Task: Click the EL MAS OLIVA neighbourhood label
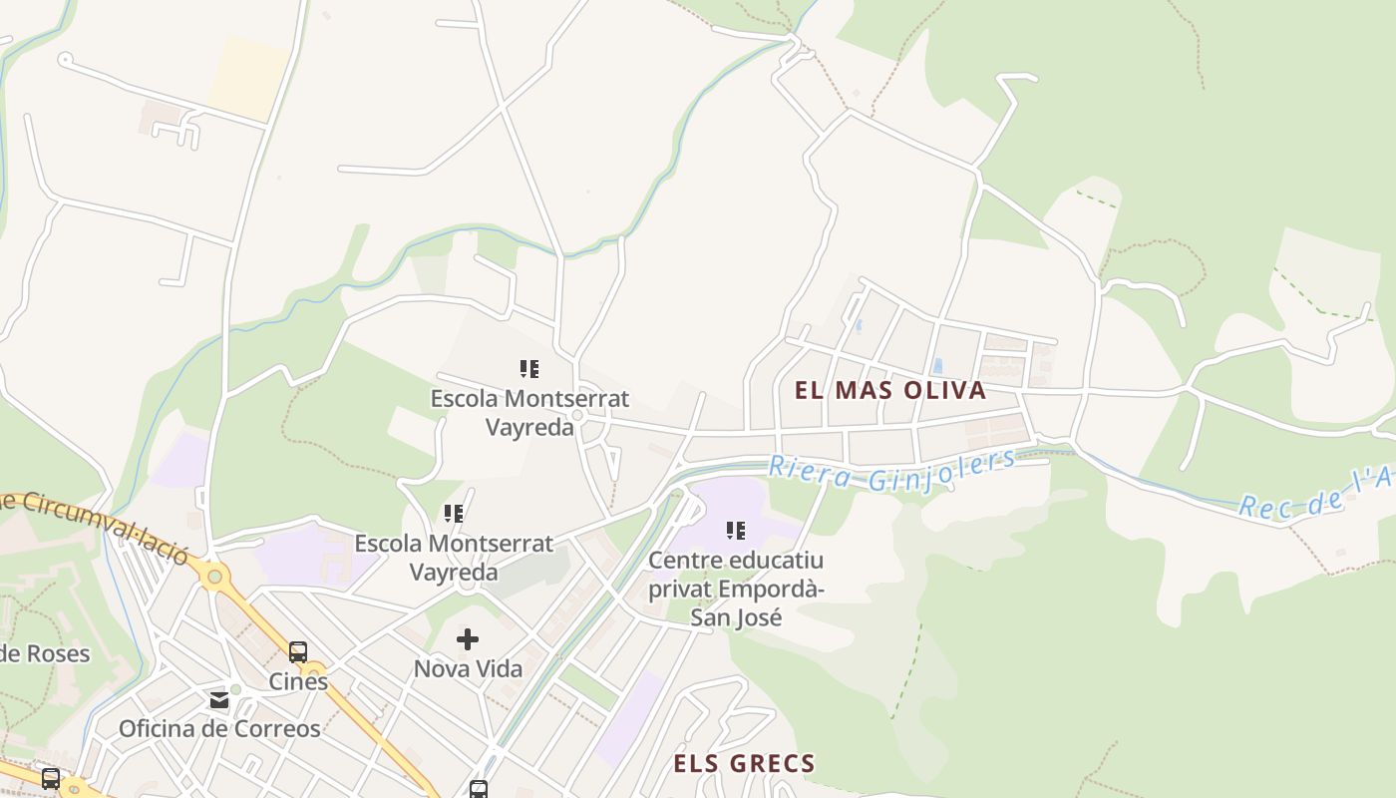click(x=890, y=390)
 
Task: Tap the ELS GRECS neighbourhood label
click(x=744, y=764)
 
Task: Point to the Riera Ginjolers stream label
click(x=891, y=470)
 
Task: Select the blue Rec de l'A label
click(x=1316, y=493)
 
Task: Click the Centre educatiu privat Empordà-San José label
click(x=736, y=589)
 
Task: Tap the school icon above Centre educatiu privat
click(x=736, y=531)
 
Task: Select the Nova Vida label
click(x=468, y=668)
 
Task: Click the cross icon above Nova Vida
click(x=468, y=638)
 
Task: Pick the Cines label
click(x=298, y=682)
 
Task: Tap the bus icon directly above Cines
click(x=298, y=652)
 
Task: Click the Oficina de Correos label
click(x=219, y=728)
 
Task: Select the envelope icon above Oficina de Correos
click(x=219, y=700)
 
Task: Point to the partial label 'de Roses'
click(x=45, y=654)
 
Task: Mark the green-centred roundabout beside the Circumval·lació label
click(x=212, y=575)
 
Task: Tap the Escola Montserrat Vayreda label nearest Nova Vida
click(x=453, y=558)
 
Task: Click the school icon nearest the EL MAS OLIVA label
click(x=529, y=369)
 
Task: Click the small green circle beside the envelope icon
click(x=235, y=688)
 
